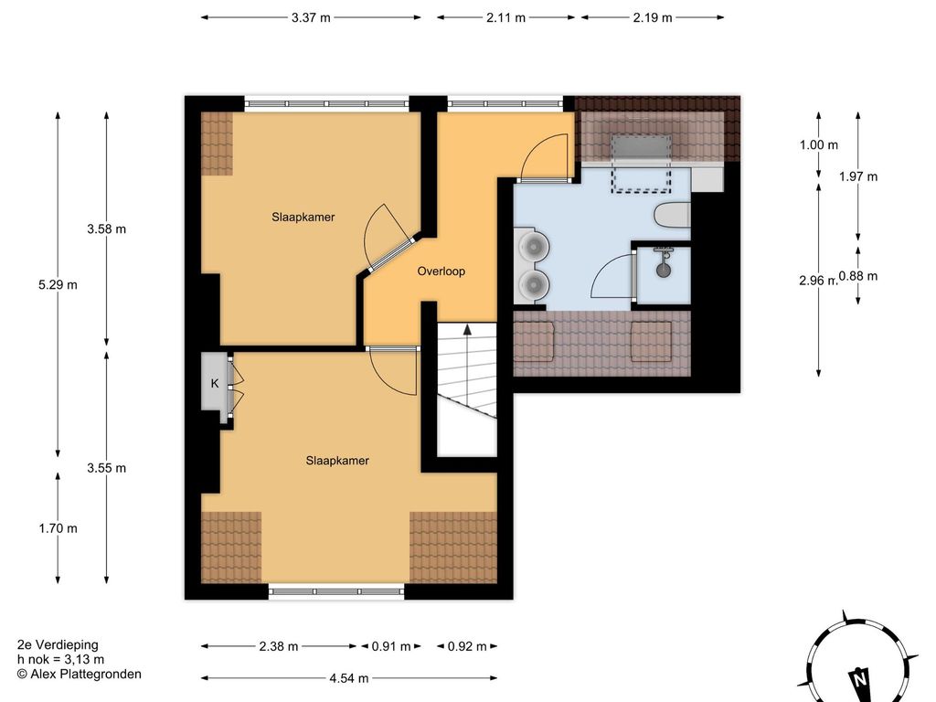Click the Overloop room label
[441, 271]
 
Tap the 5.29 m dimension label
[58, 285]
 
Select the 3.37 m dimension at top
[311, 17]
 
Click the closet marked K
[215, 383]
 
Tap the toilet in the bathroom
[672, 216]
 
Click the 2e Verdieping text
[58, 644]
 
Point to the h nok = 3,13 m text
[61, 660]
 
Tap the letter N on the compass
[859, 679]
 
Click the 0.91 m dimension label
[391, 646]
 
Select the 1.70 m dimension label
[58, 528]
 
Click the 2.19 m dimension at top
[653, 17]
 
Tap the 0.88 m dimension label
[857, 276]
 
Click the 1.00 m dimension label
[818, 144]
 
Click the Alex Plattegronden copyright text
[80, 675]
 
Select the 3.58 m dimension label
[106, 229]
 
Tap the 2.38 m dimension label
[279, 646]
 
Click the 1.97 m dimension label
[857, 176]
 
